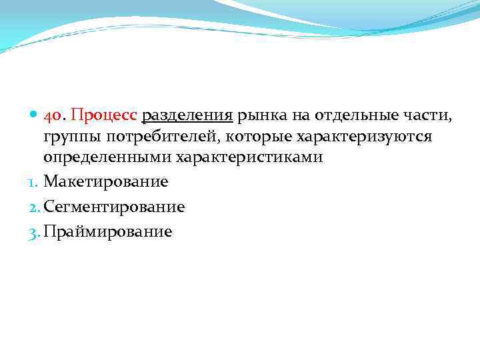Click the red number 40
coord(54,116)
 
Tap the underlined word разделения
coord(187,116)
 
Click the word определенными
coord(107,158)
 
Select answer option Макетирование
coord(105,181)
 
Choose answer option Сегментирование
coord(114,207)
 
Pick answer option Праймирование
coord(107,232)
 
